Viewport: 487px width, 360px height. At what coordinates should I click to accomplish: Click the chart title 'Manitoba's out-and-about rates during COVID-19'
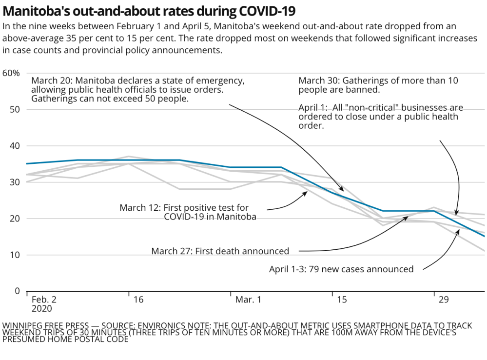(x=149, y=10)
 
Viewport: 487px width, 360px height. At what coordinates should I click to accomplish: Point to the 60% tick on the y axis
(x=11, y=73)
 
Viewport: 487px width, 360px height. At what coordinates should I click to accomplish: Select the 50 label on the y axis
(x=15, y=109)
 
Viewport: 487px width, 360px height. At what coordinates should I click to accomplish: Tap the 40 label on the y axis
(x=15, y=146)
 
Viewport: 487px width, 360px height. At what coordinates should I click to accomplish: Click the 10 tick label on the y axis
(x=15, y=255)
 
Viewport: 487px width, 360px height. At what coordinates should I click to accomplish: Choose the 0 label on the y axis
(x=17, y=291)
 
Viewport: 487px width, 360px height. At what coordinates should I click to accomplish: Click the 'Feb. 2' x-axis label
(x=44, y=300)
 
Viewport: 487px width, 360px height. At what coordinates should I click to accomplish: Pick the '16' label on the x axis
(x=138, y=300)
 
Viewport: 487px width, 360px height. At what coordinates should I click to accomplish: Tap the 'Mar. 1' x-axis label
(x=248, y=300)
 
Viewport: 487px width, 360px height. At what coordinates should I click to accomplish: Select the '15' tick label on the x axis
(x=342, y=300)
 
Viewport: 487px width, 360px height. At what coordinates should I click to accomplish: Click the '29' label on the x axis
(x=444, y=300)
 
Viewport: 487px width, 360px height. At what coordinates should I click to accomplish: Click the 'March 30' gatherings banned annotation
(x=378, y=85)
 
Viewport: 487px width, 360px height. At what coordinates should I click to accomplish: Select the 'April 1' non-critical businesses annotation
(x=381, y=116)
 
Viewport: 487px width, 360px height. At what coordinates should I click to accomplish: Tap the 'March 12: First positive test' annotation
(x=188, y=212)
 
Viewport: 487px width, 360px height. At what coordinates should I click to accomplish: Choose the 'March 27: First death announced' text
(x=220, y=251)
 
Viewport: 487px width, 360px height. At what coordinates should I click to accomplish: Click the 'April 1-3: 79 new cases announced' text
(x=341, y=269)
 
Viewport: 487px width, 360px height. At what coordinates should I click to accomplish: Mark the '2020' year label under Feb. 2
(x=41, y=308)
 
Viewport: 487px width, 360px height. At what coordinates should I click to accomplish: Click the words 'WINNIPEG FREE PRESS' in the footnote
(x=46, y=325)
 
